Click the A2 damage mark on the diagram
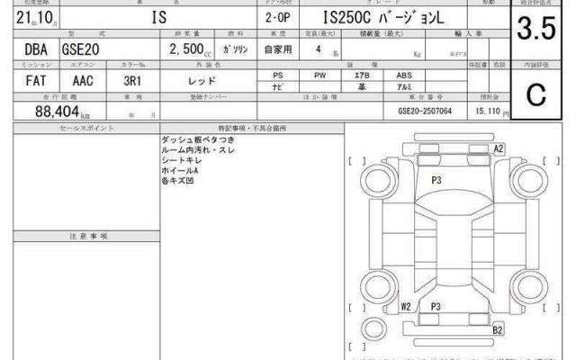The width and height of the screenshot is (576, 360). pos(498,148)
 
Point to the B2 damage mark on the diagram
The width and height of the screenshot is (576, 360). pos(497,331)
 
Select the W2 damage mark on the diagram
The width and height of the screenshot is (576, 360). pos(406,307)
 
